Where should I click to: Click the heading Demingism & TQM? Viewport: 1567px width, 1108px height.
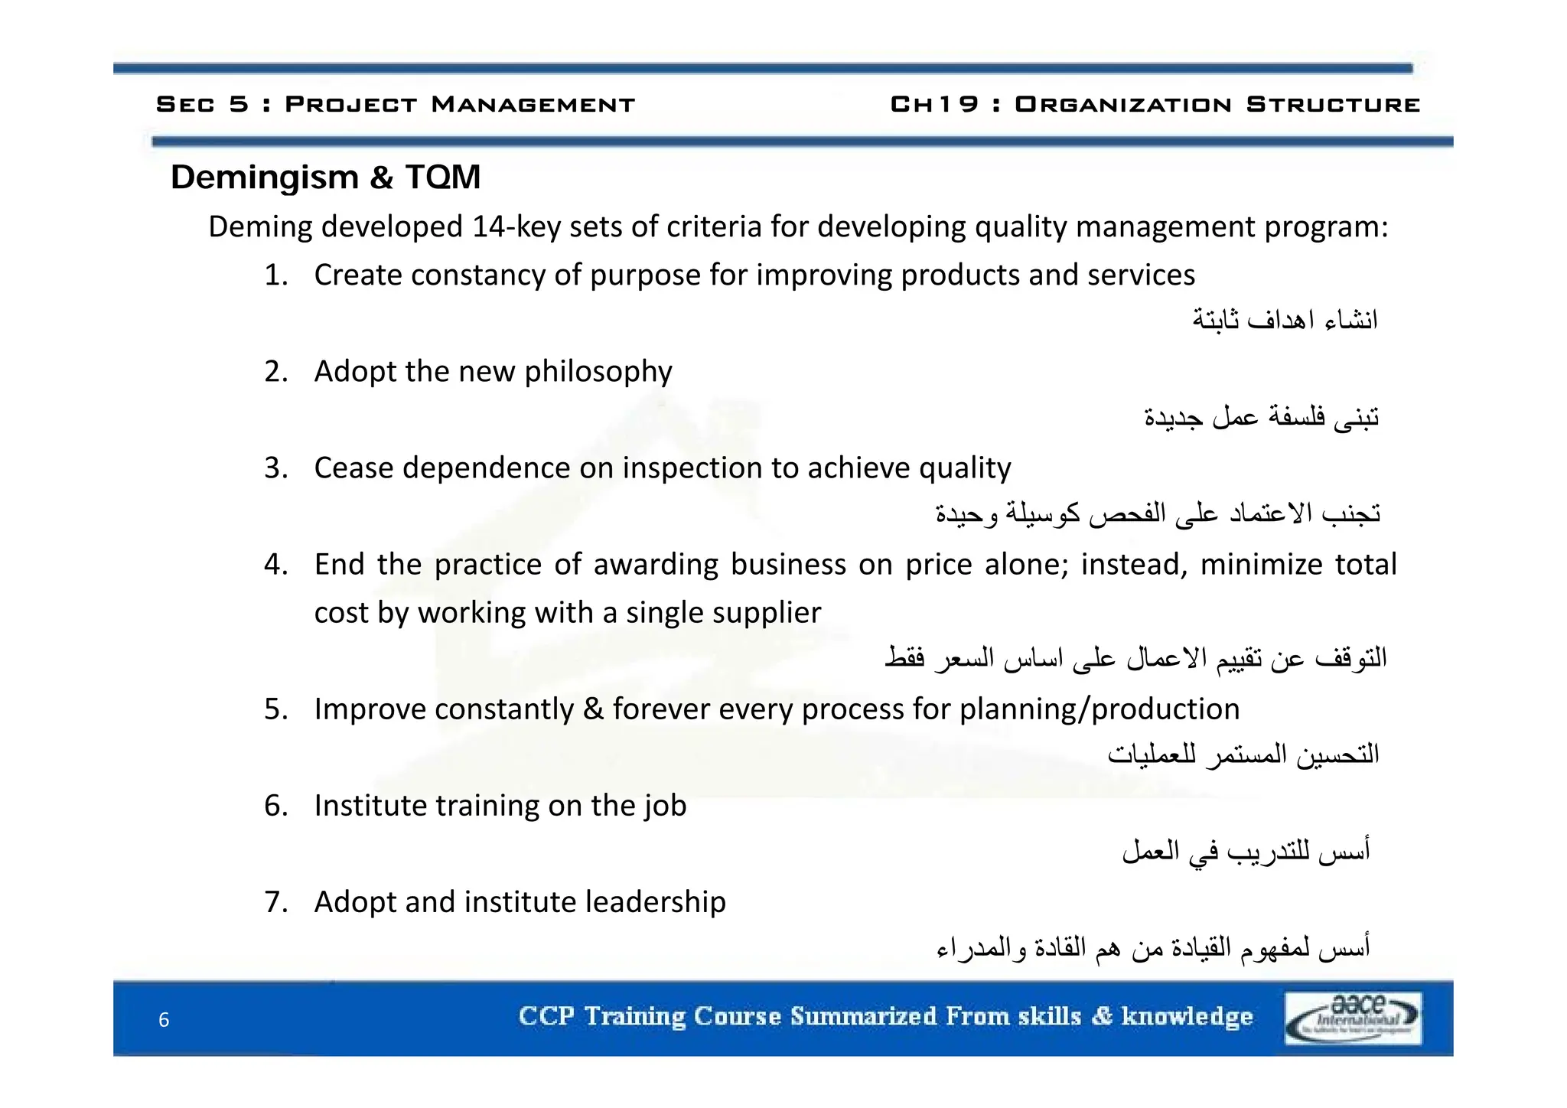pos(325,178)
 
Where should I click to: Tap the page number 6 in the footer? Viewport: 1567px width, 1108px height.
pos(164,1020)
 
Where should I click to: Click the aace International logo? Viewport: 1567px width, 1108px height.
pos(1352,1018)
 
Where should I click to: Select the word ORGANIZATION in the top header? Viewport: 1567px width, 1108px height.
pos(1122,104)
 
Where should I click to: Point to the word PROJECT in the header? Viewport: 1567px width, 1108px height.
pos(351,104)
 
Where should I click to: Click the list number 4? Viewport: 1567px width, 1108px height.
pos(275,565)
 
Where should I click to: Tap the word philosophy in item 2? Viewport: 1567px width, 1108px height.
pos(598,372)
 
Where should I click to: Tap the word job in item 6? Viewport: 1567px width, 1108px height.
pos(664,806)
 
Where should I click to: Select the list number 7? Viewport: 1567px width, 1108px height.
pos(275,902)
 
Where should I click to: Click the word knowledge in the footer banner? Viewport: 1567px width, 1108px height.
pos(1187,1016)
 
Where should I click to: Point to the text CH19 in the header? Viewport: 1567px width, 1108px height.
pos(934,104)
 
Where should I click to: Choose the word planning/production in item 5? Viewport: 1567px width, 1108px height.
pos(1100,709)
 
